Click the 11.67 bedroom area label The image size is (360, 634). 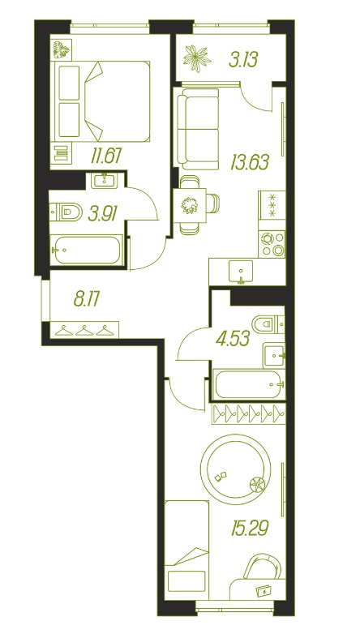106,156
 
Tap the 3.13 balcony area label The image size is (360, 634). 243,60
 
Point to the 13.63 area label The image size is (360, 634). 250,162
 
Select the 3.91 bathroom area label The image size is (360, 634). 103,213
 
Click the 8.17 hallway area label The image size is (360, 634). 87,300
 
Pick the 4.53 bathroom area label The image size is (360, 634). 233,338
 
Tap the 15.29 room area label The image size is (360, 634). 251,528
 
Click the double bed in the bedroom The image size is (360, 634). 105,101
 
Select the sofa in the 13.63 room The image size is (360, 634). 198,130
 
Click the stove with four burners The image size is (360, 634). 272,244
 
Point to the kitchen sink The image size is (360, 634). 241,272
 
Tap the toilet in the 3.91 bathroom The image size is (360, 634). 66,212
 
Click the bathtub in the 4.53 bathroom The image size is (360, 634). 249,384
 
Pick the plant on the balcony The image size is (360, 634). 197,58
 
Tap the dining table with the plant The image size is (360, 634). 189,204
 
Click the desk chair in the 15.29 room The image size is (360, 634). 262,567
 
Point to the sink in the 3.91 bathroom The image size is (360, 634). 105,180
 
